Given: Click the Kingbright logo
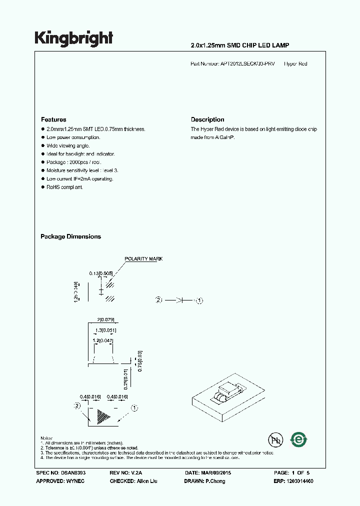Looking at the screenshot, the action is (x=73, y=38).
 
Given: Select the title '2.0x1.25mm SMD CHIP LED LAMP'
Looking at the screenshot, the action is (x=240, y=45).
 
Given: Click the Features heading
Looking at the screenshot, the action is (x=53, y=119).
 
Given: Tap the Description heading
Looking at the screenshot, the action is (x=207, y=119).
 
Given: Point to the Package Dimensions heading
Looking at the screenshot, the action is (x=70, y=236).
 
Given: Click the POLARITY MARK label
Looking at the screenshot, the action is (x=144, y=259).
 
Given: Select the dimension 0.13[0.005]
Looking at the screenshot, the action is (x=100, y=273).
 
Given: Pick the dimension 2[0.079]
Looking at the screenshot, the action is (x=106, y=318).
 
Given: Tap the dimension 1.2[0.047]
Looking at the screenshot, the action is (x=103, y=340).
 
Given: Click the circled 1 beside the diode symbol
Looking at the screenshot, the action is (x=199, y=300).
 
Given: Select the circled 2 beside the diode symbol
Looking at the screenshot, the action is (x=159, y=300).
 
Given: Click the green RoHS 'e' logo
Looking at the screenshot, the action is (x=299, y=439).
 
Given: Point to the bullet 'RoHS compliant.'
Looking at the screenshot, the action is (x=64, y=187).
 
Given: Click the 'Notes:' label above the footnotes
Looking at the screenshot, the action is (x=46, y=438).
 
